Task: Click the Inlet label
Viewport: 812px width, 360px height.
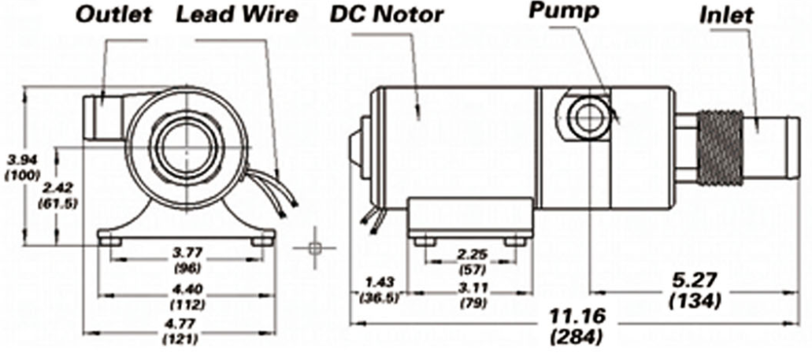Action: tap(725, 15)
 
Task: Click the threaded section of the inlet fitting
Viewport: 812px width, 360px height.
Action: tap(721, 138)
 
